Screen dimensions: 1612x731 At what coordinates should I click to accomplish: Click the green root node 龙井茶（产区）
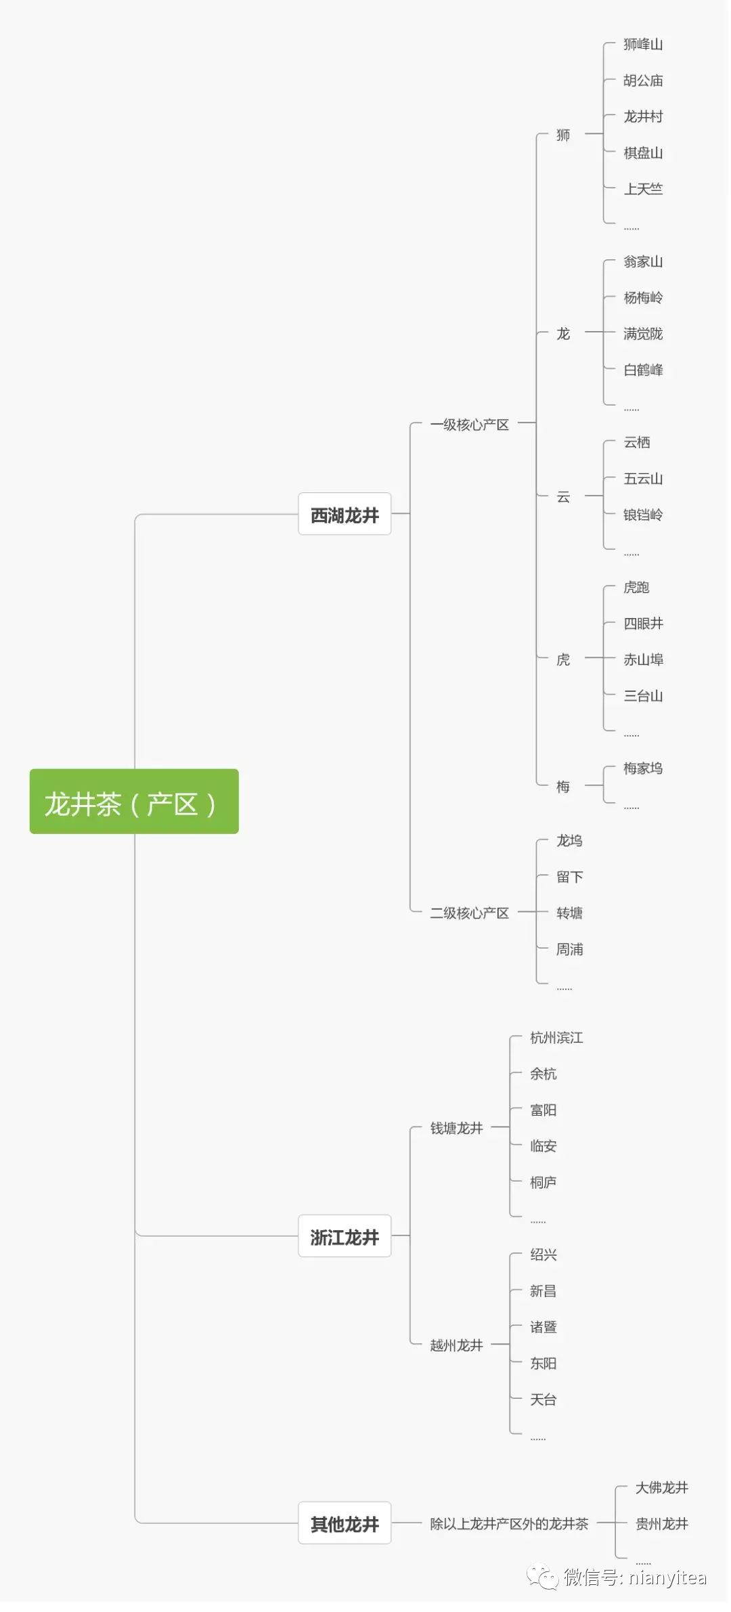[x=134, y=802]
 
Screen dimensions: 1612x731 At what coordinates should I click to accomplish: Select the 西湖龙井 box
[x=345, y=515]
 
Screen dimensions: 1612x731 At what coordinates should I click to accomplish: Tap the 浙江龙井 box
[x=345, y=1237]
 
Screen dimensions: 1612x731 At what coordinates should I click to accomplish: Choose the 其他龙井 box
[x=345, y=1524]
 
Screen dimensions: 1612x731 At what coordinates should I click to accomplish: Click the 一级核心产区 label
[x=469, y=424]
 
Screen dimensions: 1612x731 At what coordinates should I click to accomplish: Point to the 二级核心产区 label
[x=469, y=913]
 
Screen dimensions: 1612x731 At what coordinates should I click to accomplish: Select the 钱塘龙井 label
[x=456, y=1128]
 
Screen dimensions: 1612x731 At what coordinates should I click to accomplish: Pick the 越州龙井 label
[x=456, y=1345]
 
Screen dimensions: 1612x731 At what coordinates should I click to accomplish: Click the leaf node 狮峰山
[x=642, y=45]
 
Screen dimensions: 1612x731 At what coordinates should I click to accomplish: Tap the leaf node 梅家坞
[x=642, y=768]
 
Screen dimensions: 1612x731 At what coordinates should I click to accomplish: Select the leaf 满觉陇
[x=642, y=334]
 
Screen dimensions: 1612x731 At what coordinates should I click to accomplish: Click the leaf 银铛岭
[x=642, y=515]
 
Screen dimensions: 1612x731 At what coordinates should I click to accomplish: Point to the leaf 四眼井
[x=642, y=624]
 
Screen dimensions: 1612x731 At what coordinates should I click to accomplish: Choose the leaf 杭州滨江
[x=556, y=1038]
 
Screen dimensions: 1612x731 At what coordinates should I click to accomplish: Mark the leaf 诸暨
[x=543, y=1327]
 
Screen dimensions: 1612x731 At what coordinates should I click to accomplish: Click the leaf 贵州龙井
[x=661, y=1524]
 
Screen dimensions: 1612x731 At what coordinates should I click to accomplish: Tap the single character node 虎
[x=562, y=659]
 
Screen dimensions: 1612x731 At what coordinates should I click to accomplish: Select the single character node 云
[x=562, y=497]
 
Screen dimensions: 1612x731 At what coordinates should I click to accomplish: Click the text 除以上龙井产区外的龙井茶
[x=509, y=1524]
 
